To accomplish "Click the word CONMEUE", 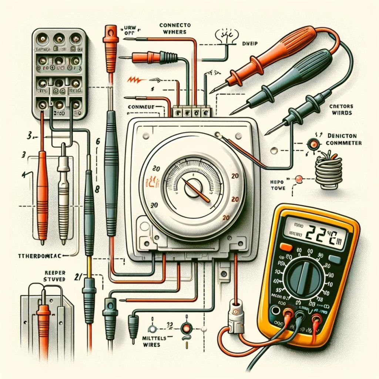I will pos(141,107).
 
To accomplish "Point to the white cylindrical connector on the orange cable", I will pos(235,312).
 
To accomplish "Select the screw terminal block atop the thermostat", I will pos(191,111).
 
